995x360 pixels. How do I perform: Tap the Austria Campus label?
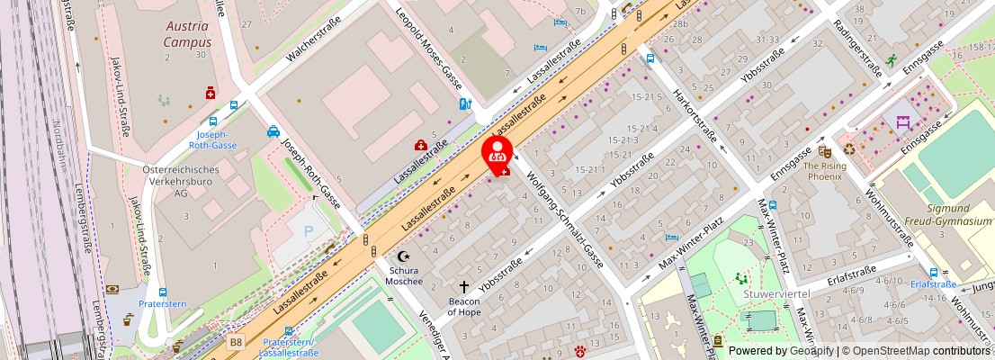point(187,33)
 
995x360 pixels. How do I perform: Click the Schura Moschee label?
point(406,274)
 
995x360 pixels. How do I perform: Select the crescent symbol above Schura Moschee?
point(403,256)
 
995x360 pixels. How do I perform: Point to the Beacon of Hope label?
point(464,306)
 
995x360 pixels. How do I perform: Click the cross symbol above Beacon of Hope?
point(464,286)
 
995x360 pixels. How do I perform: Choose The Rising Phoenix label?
point(822,171)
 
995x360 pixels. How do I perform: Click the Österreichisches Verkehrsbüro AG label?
point(181,181)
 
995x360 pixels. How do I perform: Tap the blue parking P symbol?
point(309,231)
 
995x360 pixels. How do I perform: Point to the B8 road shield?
point(236,342)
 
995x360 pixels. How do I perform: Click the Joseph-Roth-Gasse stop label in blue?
point(212,139)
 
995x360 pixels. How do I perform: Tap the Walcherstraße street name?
point(313,43)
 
